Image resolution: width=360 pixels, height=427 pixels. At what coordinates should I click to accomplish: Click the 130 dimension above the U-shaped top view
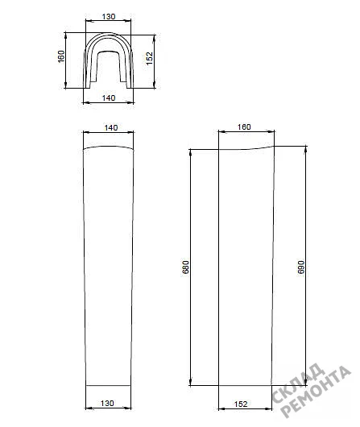pos(109,17)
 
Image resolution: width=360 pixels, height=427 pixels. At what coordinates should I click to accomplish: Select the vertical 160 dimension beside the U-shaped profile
pos(61,56)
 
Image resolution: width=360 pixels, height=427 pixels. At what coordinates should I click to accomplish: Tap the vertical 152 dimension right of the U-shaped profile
pos(150,58)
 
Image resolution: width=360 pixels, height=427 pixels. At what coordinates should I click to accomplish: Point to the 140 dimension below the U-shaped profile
pos(109,97)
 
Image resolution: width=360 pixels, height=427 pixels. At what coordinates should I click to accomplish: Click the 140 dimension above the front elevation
pos(111,127)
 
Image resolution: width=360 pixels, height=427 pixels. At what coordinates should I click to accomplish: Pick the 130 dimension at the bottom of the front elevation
pos(107,404)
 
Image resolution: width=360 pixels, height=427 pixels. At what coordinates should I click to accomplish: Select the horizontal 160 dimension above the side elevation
pos(244,127)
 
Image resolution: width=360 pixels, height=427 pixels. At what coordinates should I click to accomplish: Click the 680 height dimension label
pos(185,267)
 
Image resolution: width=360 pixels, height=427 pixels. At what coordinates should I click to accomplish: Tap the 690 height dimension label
pos(301,267)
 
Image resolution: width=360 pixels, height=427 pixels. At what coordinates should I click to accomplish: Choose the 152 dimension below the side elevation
pos(241,404)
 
